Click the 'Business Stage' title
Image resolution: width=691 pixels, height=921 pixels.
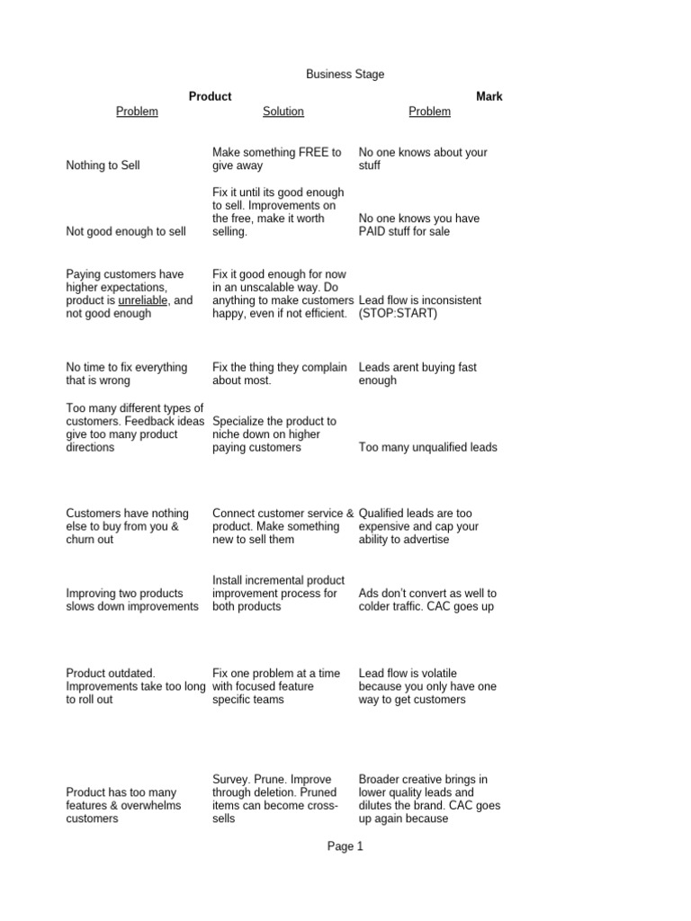[345, 75]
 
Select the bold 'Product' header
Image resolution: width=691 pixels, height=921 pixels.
[210, 96]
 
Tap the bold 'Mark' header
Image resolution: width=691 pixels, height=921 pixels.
[489, 96]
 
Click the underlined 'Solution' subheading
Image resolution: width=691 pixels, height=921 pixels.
[283, 112]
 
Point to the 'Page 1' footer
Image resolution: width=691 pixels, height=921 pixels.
[345, 846]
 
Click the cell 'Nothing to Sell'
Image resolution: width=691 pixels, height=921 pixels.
[103, 165]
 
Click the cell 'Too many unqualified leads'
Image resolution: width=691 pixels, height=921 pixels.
[427, 447]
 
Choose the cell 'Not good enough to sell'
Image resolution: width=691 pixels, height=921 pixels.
[126, 232]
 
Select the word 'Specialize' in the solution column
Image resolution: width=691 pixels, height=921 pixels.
[240, 421]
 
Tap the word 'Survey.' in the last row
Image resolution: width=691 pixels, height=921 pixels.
[234, 779]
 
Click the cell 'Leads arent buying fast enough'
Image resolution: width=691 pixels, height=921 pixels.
[417, 374]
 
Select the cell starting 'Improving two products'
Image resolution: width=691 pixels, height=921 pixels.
[132, 600]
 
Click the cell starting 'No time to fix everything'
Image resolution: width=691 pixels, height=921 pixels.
[127, 374]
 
